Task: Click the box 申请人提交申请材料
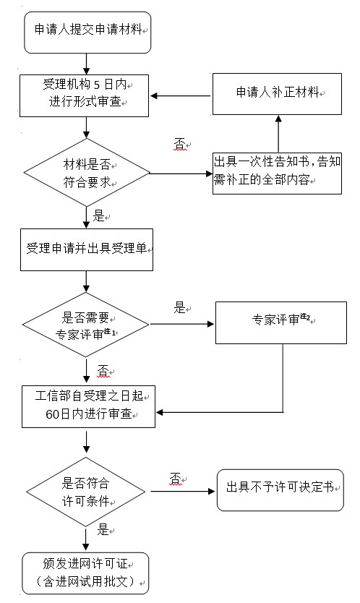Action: click(x=87, y=32)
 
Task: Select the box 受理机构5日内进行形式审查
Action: click(x=85, y=95)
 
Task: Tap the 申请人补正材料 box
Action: click(x=277, y=93)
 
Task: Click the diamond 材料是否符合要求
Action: click(x=87, y=173)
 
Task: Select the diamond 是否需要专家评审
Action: click(x=87, y=325)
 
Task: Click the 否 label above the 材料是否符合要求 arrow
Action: click(x=179, y=144)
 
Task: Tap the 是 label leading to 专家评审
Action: click(x=180, y=307)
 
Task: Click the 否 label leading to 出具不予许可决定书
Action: click(x=176, y=479)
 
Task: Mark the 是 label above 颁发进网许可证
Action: click(x=103, y=529)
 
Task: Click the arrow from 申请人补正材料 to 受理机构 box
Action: click(x=181, y=95)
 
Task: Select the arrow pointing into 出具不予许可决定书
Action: click(x=188, y=491)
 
